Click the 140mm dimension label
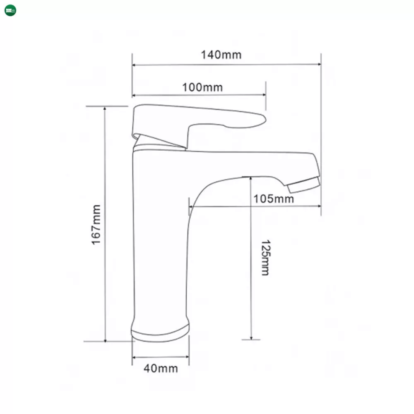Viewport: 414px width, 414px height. (x=221, y=55)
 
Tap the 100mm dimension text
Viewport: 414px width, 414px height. (x=202, y=87)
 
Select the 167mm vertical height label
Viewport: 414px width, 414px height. (x=96, y=225)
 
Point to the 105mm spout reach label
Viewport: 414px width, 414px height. (x=274, y=199)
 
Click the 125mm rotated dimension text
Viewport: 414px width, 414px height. (x=265, y=258)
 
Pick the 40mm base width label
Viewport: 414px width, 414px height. (x=161, y=368)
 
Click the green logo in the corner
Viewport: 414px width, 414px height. (x=10, y=10)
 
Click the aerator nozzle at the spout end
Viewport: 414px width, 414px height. (x=304, y=185)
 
